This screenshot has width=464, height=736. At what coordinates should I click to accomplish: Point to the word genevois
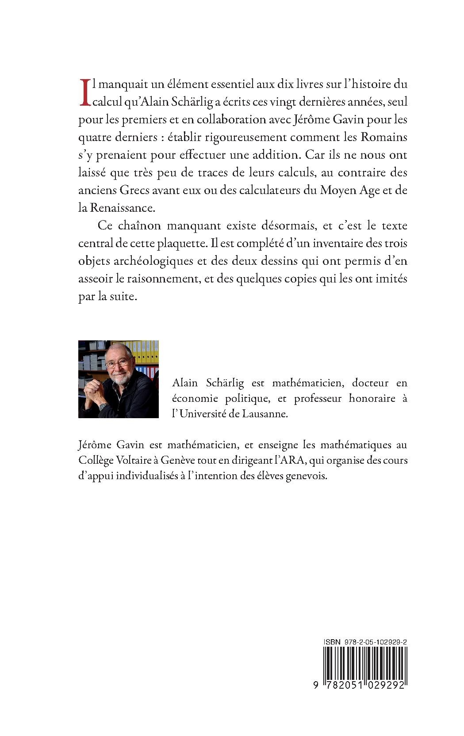(308, 477)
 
